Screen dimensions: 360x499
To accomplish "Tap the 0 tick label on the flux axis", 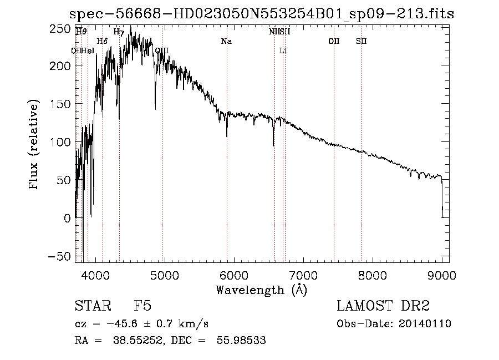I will [x=67, y=218].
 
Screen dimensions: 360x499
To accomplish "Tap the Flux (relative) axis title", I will [x=35, y=145].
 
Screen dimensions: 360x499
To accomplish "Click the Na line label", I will [x=226, y=41].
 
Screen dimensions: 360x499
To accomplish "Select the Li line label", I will [x=283, y=50].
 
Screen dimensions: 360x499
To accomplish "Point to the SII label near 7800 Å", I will [x=361, y=41].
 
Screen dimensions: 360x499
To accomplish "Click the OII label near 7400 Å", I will [x=334, y=41].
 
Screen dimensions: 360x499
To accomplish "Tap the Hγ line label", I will [x=119, y=32].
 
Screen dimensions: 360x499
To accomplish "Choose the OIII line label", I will [x=162, y=50].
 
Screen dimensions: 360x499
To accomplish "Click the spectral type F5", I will [x=143, y=306].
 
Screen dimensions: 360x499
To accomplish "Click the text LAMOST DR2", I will [x=383, y=306].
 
